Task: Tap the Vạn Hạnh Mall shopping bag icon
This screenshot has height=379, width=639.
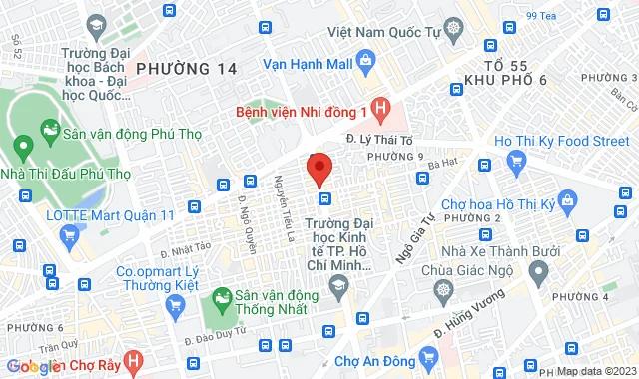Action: (364, 62)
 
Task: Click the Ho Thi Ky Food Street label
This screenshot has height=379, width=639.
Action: (561, 141)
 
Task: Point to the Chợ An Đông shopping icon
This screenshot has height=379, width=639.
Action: (428, 356)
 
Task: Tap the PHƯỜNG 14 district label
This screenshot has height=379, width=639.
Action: (187, 69)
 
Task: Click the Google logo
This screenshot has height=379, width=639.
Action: (35, 366)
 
